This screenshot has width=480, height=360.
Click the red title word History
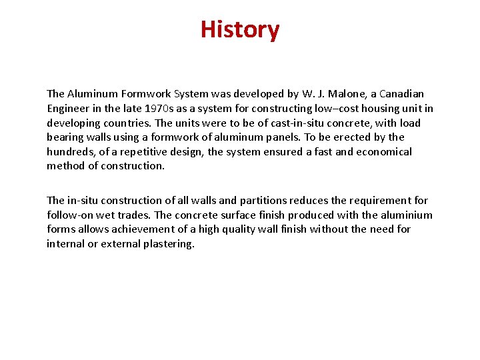240,30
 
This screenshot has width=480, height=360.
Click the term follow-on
71,215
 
